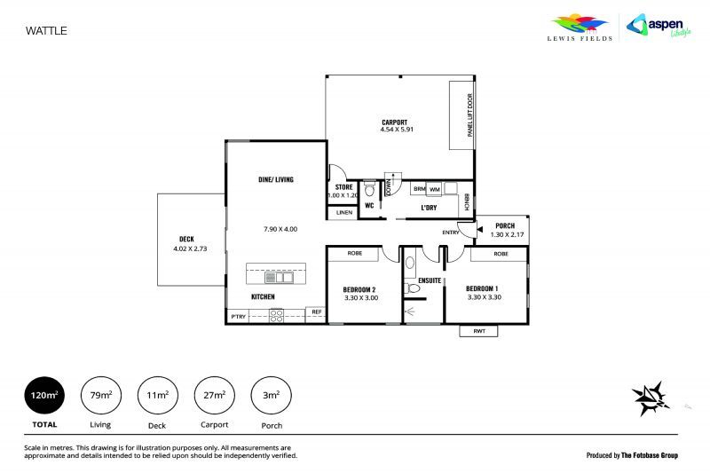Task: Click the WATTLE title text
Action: (x=46, y=30)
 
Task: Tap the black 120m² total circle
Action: (x=43, y=396)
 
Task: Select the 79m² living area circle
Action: (x=100, y=396)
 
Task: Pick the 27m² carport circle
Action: (x=214, y=396)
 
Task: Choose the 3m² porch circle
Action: (x=271, y=396)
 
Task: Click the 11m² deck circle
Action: (x=157, y=396)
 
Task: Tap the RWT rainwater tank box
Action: (x=478, y=331)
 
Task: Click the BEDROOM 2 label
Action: (x=360, y=289)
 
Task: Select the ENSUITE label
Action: (x=430, y=280)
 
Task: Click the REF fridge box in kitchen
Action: (x=316, y=312)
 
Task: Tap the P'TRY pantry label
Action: (x=237, y=316)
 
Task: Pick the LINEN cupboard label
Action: (x=343, y=213)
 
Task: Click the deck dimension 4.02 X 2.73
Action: (x=191, y=248)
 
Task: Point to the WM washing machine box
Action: (x=435, y=189)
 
